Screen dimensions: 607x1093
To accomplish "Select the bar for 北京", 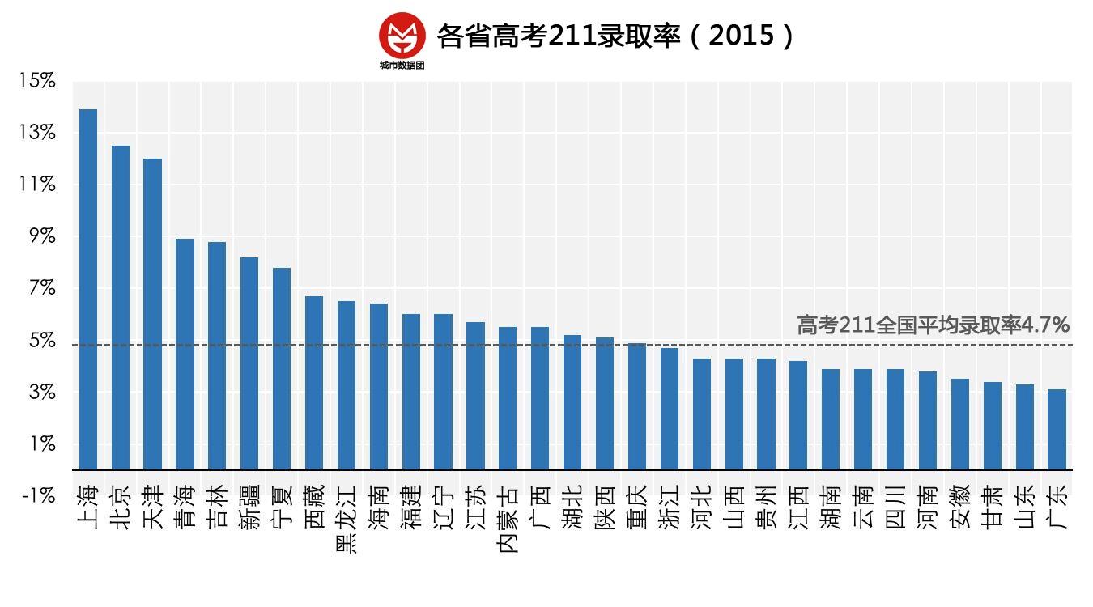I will (121, 308).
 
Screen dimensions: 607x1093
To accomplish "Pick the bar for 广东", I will (1057, 430).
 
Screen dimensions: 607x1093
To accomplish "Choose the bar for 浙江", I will (670, 409).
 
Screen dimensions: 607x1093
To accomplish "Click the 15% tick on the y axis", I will (37, 81).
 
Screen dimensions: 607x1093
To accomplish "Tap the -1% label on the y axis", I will (39, 495).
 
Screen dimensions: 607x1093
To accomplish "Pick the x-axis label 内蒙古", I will (508, 519).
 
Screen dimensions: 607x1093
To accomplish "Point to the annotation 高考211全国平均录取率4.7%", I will (933, 325).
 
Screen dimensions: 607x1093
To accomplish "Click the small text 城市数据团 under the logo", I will (402, 66).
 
